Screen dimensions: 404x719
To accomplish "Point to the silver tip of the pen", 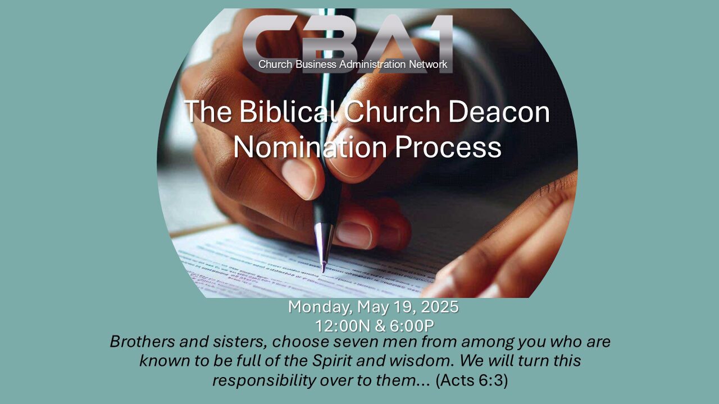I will point(323,247).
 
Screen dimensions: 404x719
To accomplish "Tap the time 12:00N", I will point(339,326).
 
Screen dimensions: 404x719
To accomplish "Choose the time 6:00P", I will point(411,326).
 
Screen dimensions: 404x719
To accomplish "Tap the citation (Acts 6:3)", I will point(471,380).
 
